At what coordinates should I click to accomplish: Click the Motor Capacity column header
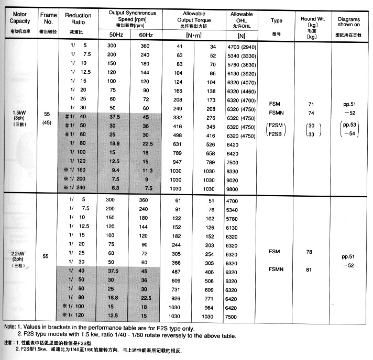20,17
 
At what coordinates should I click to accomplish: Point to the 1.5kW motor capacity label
19,113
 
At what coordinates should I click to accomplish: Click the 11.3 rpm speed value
148,170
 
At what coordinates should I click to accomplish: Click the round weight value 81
309,270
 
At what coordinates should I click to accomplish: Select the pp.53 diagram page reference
348,126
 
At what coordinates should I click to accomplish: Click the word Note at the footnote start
10,327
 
